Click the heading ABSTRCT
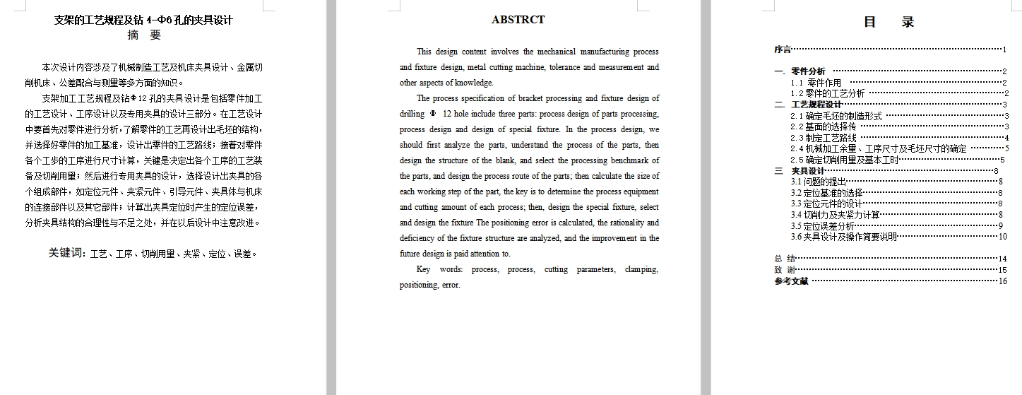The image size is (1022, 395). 518,20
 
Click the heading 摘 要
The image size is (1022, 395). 144,35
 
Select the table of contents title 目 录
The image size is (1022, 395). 889,22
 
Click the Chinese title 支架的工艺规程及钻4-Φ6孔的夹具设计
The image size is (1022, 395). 143,20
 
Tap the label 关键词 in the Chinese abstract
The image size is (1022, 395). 66,253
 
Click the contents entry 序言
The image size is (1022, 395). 783,49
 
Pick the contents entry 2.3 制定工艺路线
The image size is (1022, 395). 824,138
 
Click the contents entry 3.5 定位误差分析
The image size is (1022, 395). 823,226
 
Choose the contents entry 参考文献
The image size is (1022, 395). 791,281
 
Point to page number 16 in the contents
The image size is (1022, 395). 1003,281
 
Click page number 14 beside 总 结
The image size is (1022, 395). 1003,259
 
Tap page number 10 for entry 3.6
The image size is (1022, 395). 1003,237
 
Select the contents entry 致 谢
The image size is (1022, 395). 785,270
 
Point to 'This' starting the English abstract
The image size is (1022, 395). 424,52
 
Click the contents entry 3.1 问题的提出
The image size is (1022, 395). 818,182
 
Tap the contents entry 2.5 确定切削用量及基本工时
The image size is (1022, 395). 845,160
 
